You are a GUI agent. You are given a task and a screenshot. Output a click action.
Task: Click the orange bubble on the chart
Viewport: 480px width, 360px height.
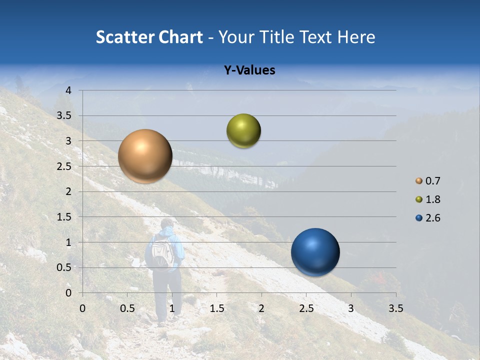click(145, 156)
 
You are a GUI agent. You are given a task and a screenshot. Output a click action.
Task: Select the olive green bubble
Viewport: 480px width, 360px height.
click(243, 131)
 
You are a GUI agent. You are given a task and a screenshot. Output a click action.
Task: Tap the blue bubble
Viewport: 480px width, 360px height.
click(315, 252)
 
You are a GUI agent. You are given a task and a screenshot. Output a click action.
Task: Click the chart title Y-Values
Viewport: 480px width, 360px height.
click(249, 70)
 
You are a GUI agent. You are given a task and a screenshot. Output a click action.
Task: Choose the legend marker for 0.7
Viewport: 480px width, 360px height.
click(419, 181)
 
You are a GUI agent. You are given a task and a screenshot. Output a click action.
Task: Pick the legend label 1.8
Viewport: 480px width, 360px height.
click(432, 199)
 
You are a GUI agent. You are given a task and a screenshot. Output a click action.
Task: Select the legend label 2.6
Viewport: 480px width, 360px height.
click(432, 218)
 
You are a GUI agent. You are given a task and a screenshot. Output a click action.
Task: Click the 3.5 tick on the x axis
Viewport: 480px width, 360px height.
click(395, 308)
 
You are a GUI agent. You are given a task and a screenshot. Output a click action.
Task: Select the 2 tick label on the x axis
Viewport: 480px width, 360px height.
click(261, 308)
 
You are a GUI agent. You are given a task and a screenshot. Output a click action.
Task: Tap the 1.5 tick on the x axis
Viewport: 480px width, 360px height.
click(216, 308)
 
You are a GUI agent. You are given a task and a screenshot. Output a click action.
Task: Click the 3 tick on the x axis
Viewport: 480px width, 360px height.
click(351, 308)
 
